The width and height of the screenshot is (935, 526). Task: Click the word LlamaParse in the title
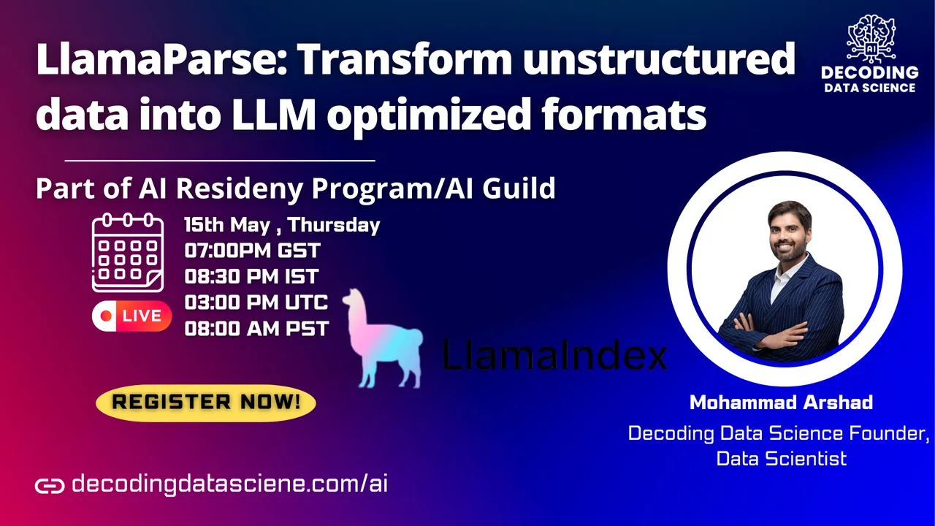point(162,61)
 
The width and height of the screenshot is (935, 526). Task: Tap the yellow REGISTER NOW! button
point(206,403)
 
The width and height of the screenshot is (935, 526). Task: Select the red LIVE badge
point(132,316)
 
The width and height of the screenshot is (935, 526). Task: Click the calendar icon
point(128,253)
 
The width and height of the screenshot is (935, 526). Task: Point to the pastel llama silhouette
point(383,339)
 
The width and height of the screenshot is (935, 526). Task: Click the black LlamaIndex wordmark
point(554,355)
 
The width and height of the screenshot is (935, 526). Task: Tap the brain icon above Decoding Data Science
point(871,39)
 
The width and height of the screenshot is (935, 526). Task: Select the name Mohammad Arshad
point(781,403)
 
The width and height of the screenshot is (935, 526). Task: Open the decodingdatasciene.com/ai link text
point(229,484)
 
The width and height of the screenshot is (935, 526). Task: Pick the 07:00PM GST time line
point(252,251)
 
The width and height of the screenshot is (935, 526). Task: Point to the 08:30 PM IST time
point(251,276)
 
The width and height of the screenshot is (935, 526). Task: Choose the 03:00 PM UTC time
point(256,302)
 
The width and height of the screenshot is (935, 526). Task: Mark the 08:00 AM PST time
point(256,329)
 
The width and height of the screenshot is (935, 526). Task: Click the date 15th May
point(227,224)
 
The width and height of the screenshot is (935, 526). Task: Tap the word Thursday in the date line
point(334,224)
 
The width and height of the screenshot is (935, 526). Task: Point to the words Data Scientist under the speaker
point(782,458)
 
